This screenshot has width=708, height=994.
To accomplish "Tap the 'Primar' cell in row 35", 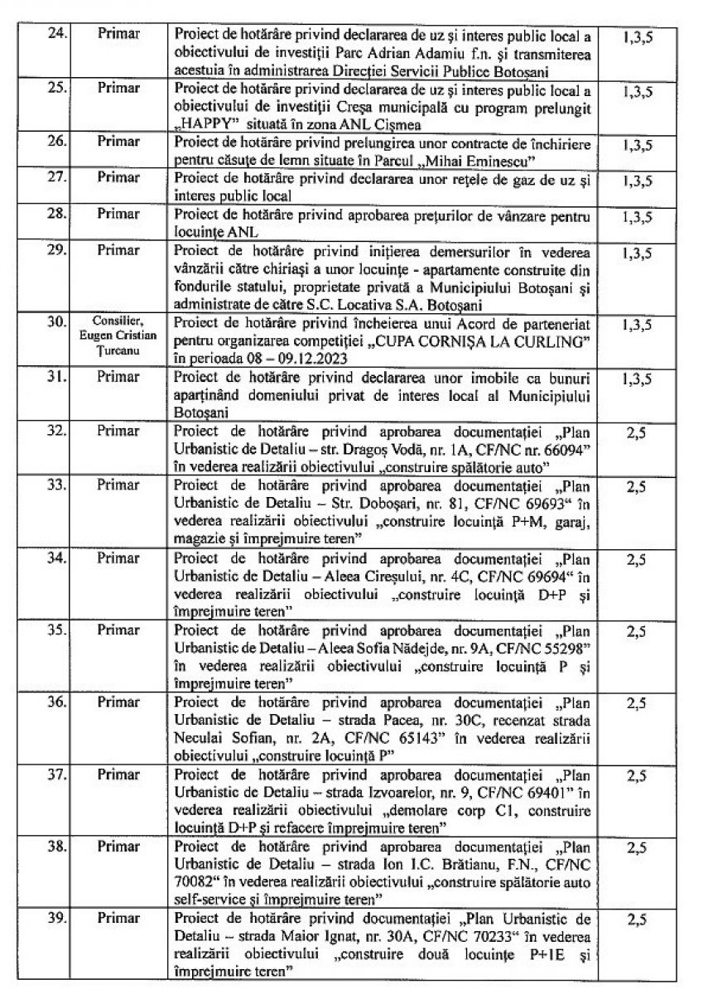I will pyautogui.click(x=118, y=630).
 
